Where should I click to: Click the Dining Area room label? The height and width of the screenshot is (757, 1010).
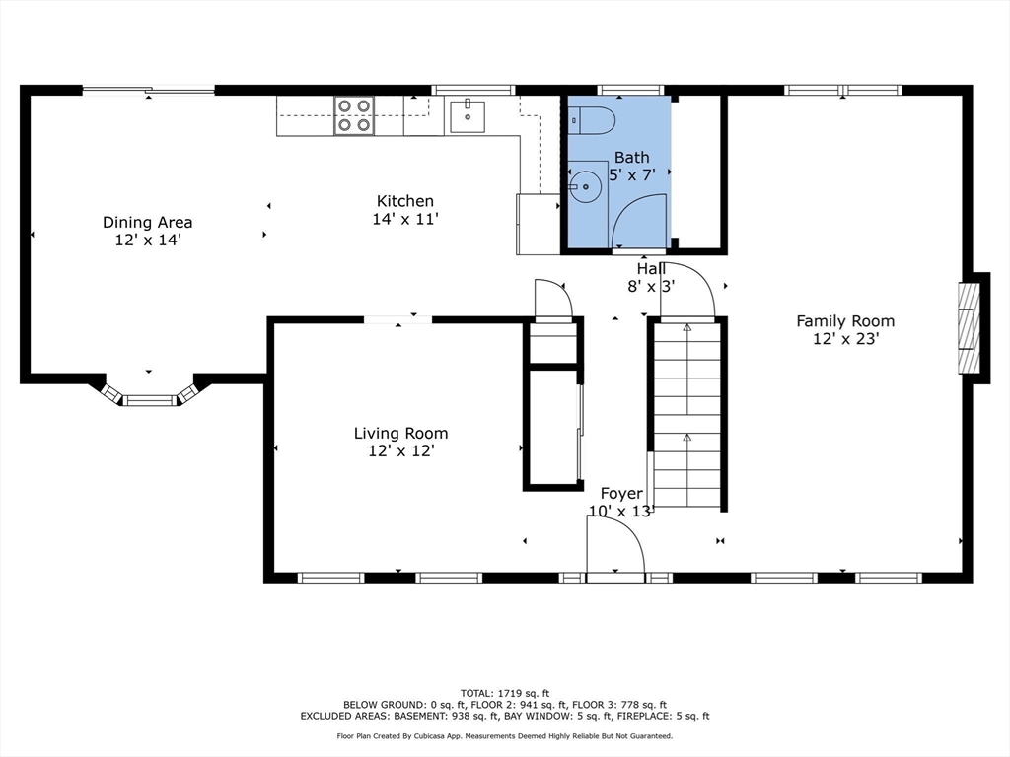[x=147, y=222]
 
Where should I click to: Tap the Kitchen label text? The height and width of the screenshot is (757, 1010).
[x=404, y=201]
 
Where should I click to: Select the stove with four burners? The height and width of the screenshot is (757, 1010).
[x=354, y=115]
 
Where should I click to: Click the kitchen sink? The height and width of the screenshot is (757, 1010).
[x=468, y=115]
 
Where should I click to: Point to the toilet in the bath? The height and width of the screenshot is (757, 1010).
[x=592, y=120]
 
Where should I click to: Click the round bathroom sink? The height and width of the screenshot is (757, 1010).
[x=585, y=183]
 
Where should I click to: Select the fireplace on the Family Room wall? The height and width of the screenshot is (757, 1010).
[x=972, y=328]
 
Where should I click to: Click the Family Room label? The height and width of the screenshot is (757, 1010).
[x=845, y=320]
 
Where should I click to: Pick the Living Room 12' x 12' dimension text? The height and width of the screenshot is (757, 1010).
[x=400, y=450]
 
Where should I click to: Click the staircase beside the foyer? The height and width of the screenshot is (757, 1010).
[x=686, y=414]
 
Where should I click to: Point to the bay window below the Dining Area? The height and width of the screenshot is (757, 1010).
[x=149, y=394]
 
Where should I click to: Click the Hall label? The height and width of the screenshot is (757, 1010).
[x=651, y=268]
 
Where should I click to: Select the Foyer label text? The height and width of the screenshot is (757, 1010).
[x=621, y=493]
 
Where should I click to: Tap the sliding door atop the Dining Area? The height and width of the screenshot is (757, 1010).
[x=148, y=91]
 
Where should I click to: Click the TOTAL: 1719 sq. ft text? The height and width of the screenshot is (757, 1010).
[x=504, y=692]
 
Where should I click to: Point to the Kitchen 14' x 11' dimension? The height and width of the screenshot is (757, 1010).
[x=404, y=219]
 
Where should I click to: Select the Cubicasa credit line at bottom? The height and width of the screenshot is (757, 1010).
[x=504, y=736]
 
